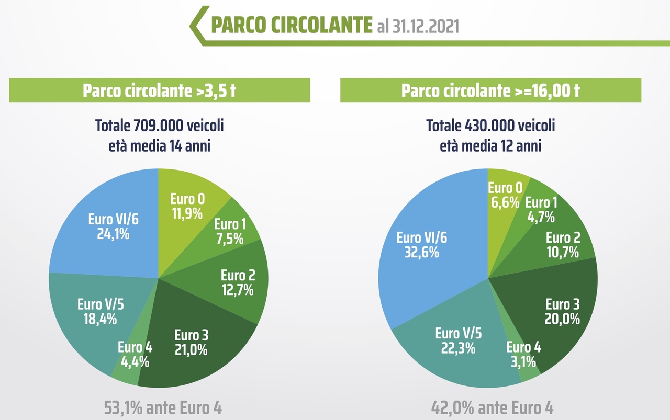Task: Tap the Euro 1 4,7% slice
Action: click(x=540, y=209)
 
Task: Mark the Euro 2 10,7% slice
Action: click(x=562, y=245)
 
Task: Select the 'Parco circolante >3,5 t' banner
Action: click(x=160, y=90)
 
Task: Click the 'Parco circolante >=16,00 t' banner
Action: click(x=490, y=90)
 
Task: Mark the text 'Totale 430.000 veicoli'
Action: click(x=490, y=126)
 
